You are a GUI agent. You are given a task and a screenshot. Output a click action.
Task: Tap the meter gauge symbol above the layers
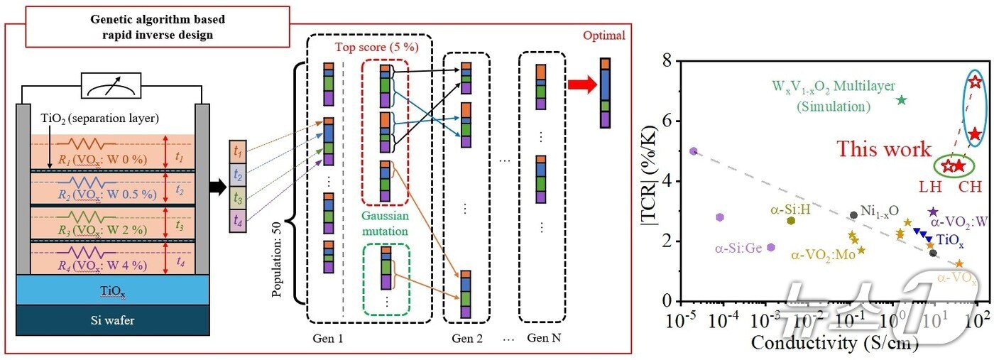tap(114, 87)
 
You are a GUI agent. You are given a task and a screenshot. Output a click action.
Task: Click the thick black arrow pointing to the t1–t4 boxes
tap(214, 185)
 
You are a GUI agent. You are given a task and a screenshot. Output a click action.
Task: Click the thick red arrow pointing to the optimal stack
tap(581, 85)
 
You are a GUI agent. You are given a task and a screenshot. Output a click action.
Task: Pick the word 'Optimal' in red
tap(603, 36)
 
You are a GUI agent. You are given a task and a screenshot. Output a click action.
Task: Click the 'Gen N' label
tap(541, 337)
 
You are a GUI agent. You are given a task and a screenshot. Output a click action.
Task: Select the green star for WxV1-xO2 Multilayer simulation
tap(902, 100)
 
